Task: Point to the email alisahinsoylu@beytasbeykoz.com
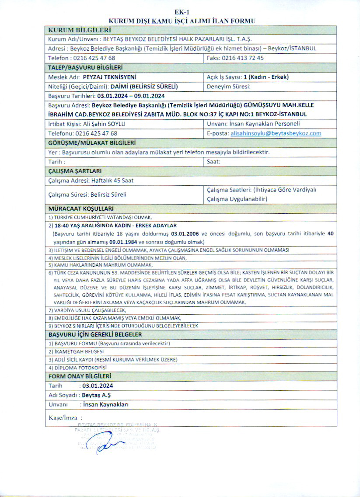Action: pyautogui.click(x=276, y=133)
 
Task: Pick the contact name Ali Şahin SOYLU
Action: pyautogui.click(x=104, y=124)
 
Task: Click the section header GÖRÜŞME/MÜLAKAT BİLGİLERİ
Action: pyautogui.click(x=91, y=143)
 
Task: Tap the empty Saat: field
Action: pyautogui.click(x=271, y=162)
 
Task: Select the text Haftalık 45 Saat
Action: pyautogui.click(x=112, y=180)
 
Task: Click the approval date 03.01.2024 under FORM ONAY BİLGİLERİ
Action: pyautogui.click(x=97, y=386)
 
